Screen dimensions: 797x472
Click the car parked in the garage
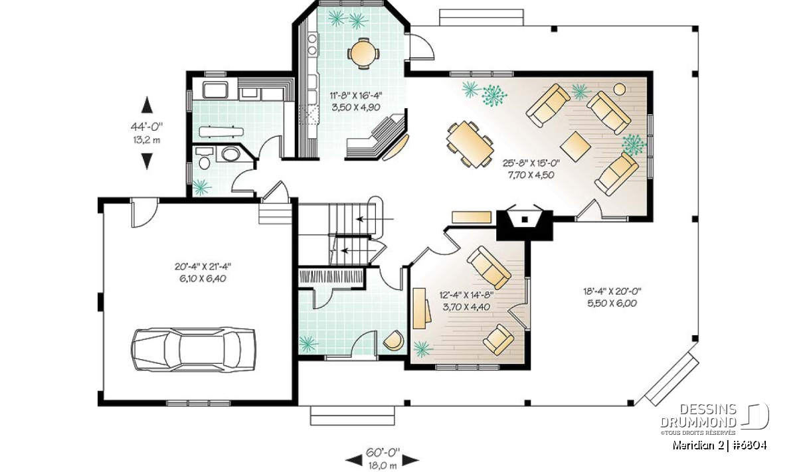[193, 350]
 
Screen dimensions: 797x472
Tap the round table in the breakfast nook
[363, 54]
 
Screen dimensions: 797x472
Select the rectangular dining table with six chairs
[470, 144]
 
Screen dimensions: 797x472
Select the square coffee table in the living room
[575, 146]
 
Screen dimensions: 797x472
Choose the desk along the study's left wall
[421, 309]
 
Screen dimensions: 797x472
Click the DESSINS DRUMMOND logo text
[699, 416]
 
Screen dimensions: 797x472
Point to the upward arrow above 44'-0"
[147, 105]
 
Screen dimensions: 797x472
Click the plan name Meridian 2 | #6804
[719, 445]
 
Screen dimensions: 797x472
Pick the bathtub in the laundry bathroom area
[215, 90]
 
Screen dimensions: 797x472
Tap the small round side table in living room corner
[620, 89]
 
